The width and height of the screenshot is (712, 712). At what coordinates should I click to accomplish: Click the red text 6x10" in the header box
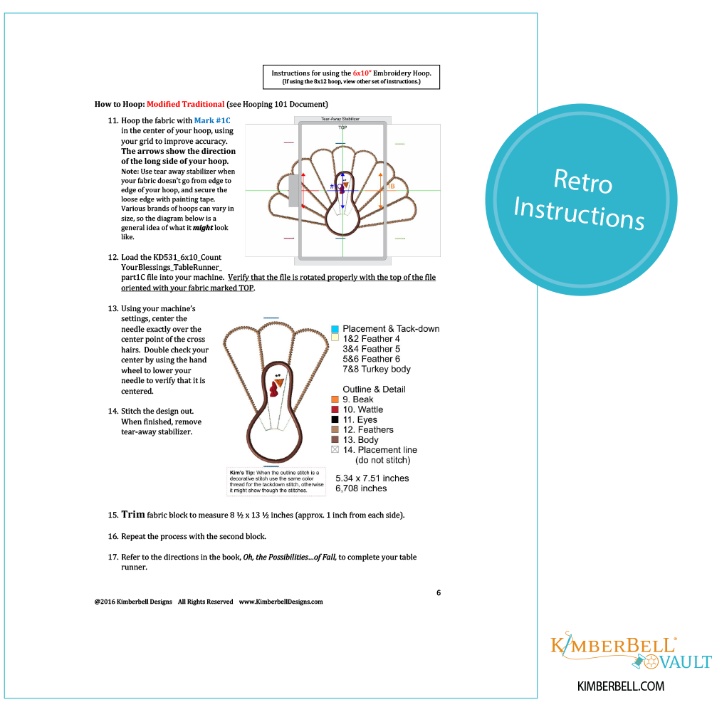[x=362, y=73]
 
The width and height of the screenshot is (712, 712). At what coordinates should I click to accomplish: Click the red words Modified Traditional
[x=186, y=105]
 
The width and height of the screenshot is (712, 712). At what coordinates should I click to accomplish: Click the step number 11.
[x=112, y=120]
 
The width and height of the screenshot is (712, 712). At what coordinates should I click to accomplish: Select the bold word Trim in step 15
[x=133, y=514]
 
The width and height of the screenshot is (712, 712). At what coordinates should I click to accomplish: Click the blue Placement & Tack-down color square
[x=335, y=329]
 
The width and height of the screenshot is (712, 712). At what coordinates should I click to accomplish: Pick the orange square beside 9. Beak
[x=335, y=399]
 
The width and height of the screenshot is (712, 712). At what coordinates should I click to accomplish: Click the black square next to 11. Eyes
[x=335, y=420]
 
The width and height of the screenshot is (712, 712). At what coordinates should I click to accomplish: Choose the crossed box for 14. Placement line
[x=335, y=450]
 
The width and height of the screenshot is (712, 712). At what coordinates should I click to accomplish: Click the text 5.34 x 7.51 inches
[x=372, y=478]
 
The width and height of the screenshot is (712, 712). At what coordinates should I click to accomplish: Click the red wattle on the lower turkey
[x=274, y=389]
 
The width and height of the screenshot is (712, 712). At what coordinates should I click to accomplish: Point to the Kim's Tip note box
[x=276, y=481]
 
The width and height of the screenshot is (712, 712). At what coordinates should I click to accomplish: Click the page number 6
[x=439, y=592]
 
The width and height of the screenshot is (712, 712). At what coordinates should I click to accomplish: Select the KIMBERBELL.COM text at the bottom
[x=621, y=686]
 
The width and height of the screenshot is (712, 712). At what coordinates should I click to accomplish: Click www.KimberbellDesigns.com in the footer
[x=281, y=602]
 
